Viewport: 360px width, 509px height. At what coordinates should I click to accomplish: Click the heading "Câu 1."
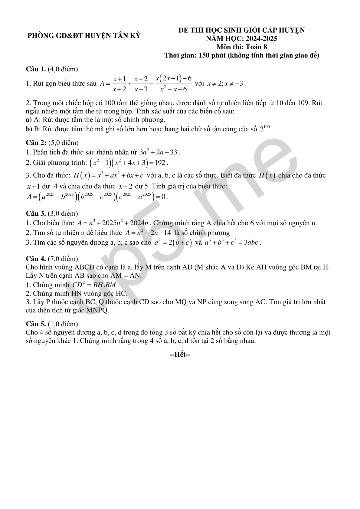tap(36, 69)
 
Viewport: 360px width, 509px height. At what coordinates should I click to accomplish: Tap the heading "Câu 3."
tap(36, 214)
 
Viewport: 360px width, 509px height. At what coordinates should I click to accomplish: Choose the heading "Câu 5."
tap(36, 324)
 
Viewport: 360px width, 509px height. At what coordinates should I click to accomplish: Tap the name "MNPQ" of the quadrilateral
tap(97, 310)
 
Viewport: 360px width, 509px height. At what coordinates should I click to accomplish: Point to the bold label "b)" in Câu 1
tap(29, 129)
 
